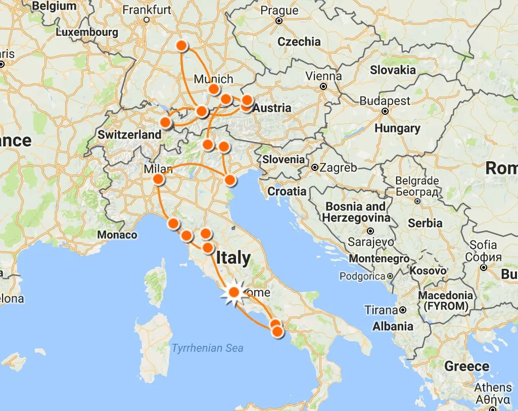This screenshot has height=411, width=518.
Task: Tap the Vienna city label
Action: click(323, 76)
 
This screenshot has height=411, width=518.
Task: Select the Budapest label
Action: click(385, 101)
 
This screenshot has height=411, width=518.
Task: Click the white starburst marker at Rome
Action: click(234, 292)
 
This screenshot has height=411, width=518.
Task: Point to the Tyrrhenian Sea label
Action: click(207, 348)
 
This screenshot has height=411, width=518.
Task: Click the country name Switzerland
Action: click(129, 135)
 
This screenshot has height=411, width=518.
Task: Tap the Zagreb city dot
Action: click(315, 167)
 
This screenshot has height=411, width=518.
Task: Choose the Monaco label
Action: click(117, 235)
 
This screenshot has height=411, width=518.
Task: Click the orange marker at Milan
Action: click(159, 179)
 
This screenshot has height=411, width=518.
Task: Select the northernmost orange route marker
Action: click(182, 45)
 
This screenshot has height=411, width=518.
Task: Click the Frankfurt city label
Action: click(147, 10)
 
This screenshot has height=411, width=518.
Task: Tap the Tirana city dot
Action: click(403, 310)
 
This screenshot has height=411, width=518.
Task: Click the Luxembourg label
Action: click(87, 32)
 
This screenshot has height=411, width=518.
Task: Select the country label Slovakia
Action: click(393, 70)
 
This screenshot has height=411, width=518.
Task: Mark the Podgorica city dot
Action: click(390, 277)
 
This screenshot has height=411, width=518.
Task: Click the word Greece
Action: click(467, 366)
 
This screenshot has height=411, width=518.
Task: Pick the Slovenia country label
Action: click(284, 159)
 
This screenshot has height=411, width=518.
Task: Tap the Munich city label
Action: click(214, 79)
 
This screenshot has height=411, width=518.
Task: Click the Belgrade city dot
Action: click(417, 201)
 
